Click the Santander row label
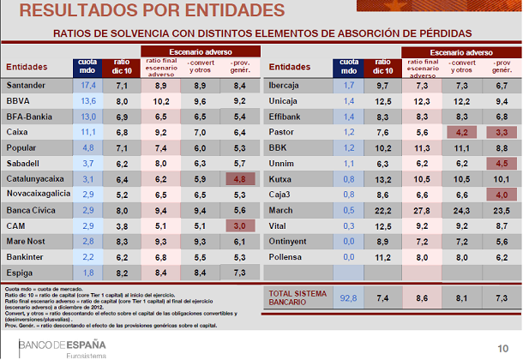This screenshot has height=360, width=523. tap(27, 86)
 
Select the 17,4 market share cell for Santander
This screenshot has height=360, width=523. tap(87, 86)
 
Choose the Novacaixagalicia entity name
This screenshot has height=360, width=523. tap(39, 194)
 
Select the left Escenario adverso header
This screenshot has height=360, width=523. tap(201, 51)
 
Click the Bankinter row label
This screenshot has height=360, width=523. tap(27, 255)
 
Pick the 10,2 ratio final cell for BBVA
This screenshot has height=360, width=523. tap(159, 101)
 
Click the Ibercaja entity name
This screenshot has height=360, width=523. tap(287, 86)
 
